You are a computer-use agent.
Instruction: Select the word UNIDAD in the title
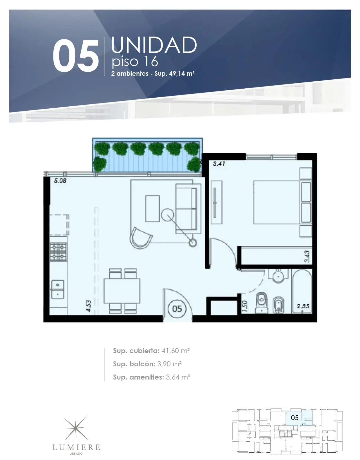pyautogui.click(x=154, y=45)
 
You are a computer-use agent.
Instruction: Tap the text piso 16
pyautogui.click(x=135, y=62)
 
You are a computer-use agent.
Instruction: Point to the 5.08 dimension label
pyautogui.click(x=60, y=181)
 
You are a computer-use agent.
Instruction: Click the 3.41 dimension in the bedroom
pyautogui.click(x=219, y=164)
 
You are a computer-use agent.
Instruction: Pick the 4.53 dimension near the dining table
pyautogui.click(x=89, y=306)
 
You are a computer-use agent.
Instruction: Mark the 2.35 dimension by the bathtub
pyautogui.click(x=303, y=306)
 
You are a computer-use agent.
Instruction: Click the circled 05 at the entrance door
pyautogui.click(x=177, y=309)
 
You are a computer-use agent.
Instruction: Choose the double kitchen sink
pyautogui.click(x=58, y=289)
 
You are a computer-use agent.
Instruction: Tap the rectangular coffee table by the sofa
pyautogui.click(x=152, y=208)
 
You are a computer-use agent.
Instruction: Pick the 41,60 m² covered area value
pyautogui.click(x=175, y=351)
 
